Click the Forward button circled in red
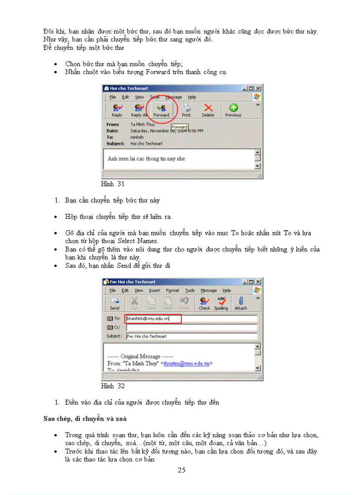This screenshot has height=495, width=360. tap(161, 110)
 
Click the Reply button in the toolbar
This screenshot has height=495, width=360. tap(117, 110)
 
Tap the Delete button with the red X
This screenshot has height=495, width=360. tap(208, 110)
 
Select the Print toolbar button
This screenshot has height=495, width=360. tap(186, 110)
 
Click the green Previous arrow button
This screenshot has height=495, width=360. tap(233, 110)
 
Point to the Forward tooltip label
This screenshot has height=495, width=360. tap(180, 127)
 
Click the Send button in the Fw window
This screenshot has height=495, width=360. tap(115, 303)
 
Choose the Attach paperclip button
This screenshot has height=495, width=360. tap(240, 303)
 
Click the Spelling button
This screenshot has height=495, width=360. tap(221, 303)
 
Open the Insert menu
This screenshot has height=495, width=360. tap(154, 290)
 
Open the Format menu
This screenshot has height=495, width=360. tap(172, 290)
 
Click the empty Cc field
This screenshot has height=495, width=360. tap(191, 327)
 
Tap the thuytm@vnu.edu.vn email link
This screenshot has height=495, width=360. tap(186, 364)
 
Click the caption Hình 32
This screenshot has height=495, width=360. tap(113, 386)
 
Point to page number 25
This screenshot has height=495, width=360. tap(181, 470)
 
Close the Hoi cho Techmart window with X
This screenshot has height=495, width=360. tap(258, 88)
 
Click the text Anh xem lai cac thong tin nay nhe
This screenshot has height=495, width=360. tap(146, 159)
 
